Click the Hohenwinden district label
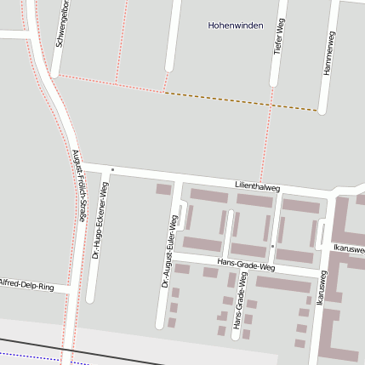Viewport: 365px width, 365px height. pos(236,26)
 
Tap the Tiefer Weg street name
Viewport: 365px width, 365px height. pos(279,38)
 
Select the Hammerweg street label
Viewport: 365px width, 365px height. pos(330,53)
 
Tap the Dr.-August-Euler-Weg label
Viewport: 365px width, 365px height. pos(168,251)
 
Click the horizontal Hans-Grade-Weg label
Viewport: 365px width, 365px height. pos(247,265)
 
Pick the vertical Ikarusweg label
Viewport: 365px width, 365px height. pos(321,288)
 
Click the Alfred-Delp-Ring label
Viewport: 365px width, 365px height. pos(27,285)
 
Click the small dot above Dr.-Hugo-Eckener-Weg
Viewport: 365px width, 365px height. pos(112,169)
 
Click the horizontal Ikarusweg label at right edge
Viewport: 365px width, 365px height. pos(349,248)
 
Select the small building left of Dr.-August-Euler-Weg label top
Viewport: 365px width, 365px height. pos(163,189)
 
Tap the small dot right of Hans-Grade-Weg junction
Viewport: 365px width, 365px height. pos(272,246)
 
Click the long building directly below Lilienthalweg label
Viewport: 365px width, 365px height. pos(254,201)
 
